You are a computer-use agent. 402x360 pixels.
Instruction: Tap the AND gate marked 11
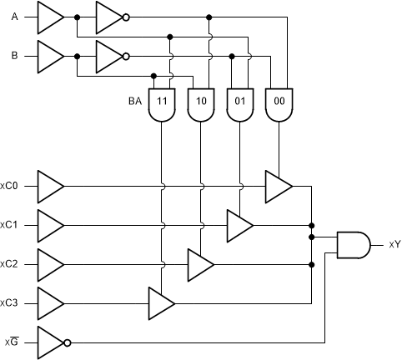pyautogui.click(x=161, y=104)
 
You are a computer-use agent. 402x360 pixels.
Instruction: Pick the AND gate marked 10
pyautogui.click(x=201, y=104)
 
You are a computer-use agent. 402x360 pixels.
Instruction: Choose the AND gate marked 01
pyautogui.click(x=240, y=104)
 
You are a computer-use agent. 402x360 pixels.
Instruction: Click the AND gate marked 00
pyautogui.click(x=279, y=104)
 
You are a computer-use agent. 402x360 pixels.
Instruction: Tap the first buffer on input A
pyautogui.click(x=50, y=17)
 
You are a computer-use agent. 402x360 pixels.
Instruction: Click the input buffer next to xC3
pyautogui.click(x=50, y=303)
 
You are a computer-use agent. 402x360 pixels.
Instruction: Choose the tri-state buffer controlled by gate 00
pyautogui.click(x=278, y=186)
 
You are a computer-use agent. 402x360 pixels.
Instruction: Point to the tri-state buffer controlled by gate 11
pyautogui.click(x=160, y=303)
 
